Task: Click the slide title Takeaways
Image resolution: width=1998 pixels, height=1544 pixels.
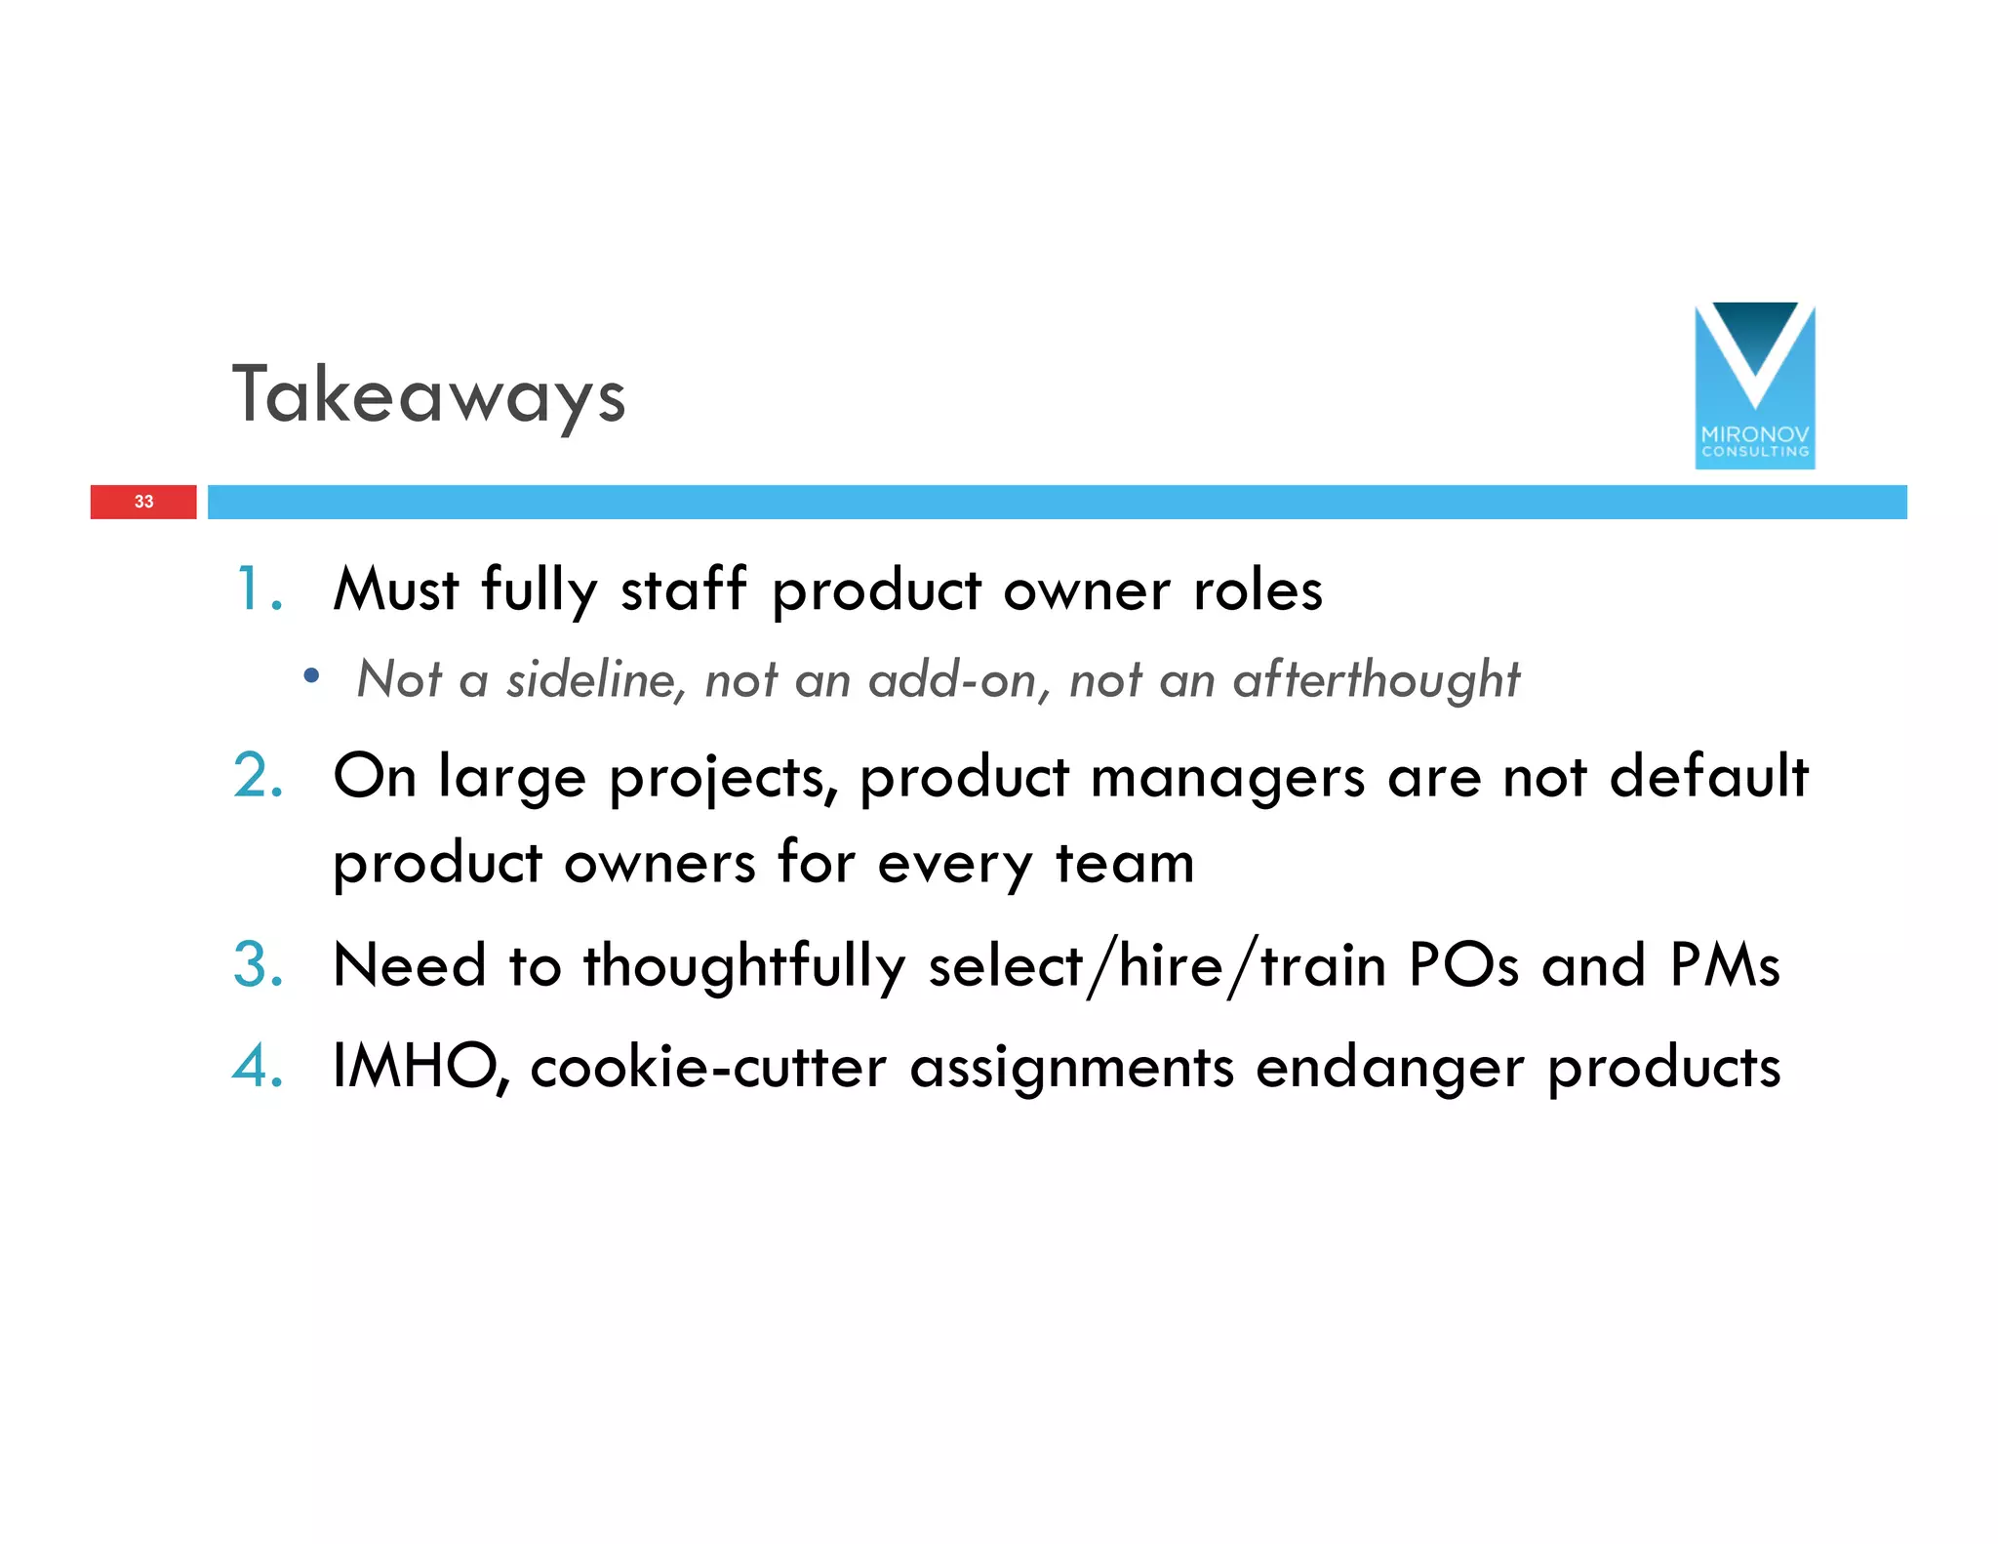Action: [428, 395]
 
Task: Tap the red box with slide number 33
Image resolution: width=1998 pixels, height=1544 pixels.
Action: [143, 502]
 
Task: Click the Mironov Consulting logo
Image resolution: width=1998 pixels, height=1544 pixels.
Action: [1754, 386]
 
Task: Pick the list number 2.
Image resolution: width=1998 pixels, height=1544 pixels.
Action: [258, 777]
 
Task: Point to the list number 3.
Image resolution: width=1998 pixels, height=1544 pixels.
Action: [258, 964]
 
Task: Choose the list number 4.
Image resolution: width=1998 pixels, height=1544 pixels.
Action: [258, 1066]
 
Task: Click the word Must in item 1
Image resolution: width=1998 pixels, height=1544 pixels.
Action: [395, 589]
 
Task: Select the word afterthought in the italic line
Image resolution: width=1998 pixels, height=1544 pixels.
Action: [1376, 680]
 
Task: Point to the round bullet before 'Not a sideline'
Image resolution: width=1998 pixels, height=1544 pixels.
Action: [311, 675]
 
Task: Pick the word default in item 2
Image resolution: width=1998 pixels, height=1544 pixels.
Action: [1708, 777]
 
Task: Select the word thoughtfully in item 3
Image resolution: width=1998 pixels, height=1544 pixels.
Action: [744, 966]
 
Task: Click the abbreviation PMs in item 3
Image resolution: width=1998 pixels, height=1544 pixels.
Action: [1725, 964]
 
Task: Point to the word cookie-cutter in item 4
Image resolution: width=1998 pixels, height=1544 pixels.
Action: [708, 1066]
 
